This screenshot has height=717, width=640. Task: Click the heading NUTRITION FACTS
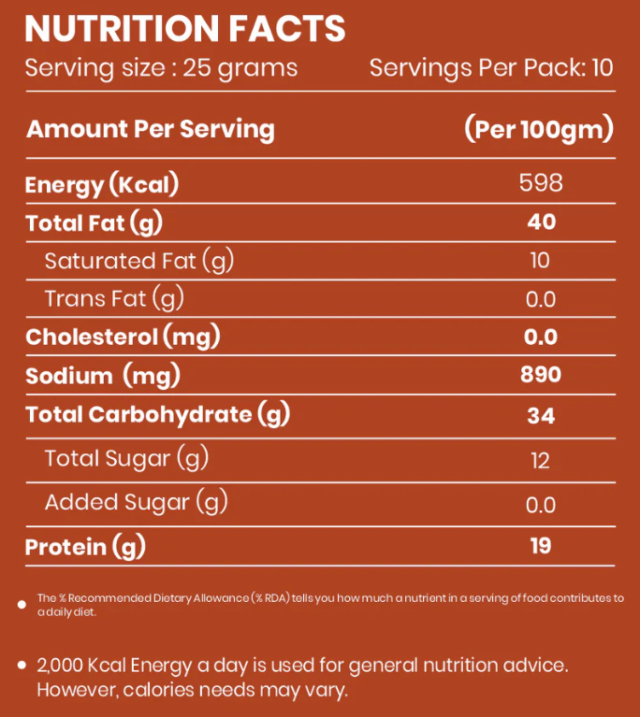(185, 30)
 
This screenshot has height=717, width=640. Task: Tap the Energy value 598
(541, 182)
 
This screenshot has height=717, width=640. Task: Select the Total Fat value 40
(541, 222)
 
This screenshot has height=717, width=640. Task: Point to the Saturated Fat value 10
(540, 260)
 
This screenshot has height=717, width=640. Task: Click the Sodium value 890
(541, 375)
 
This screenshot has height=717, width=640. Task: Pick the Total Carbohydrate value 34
(541, 415)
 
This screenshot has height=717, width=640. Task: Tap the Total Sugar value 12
(540, 460)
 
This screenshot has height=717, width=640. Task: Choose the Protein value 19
(541, 546)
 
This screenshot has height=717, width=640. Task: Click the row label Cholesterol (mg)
(122, 337)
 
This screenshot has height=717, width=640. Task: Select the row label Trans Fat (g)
(114, 299)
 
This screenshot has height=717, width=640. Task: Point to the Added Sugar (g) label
(137, 503)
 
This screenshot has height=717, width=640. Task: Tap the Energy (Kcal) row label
(102, 184)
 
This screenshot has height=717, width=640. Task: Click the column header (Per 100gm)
(539, 129)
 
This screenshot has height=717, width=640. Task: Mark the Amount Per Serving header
(151, 129)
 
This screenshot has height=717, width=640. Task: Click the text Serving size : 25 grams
(161, 68)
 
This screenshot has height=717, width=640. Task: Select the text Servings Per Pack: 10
(491, 68)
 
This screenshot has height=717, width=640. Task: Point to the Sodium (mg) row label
(102, 376)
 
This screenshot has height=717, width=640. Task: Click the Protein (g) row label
(86, 547)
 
